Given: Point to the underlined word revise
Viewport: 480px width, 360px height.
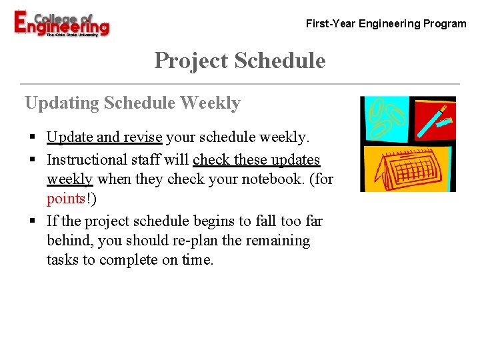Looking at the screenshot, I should coord(141,138).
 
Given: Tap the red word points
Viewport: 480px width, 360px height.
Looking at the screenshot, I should coord(65,199).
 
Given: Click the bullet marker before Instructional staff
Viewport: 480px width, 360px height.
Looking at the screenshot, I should coord(32,161).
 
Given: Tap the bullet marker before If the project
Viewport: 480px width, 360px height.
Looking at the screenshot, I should coord(32,221).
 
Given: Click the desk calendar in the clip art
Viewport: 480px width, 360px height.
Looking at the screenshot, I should coord(407,168).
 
